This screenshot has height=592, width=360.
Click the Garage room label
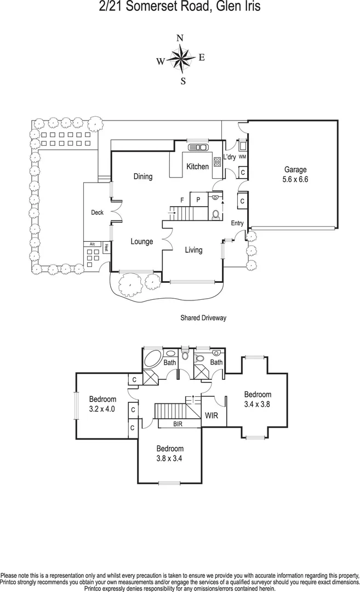[295, 170]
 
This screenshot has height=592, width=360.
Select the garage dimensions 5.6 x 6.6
[295, 179]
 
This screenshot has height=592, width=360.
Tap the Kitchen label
[197, 167]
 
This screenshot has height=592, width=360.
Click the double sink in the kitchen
[197, 147]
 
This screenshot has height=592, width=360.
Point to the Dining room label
[143, 177]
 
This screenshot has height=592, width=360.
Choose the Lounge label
[141, 242]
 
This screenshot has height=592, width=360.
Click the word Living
[193, 250]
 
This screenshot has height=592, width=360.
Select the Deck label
[97, 213]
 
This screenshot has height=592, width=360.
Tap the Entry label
[237, 223]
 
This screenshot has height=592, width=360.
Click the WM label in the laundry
[242, 157]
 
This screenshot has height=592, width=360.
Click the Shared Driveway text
[203, 317]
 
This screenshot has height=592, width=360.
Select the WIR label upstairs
[212, 416]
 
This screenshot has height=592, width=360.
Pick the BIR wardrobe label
[178, 424]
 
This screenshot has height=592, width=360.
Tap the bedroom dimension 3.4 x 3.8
[258, 404]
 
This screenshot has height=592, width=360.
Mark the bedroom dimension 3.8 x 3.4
[169, 458]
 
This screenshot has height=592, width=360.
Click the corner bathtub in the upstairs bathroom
[152, 361]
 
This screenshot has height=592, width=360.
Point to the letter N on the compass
[180, 38]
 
